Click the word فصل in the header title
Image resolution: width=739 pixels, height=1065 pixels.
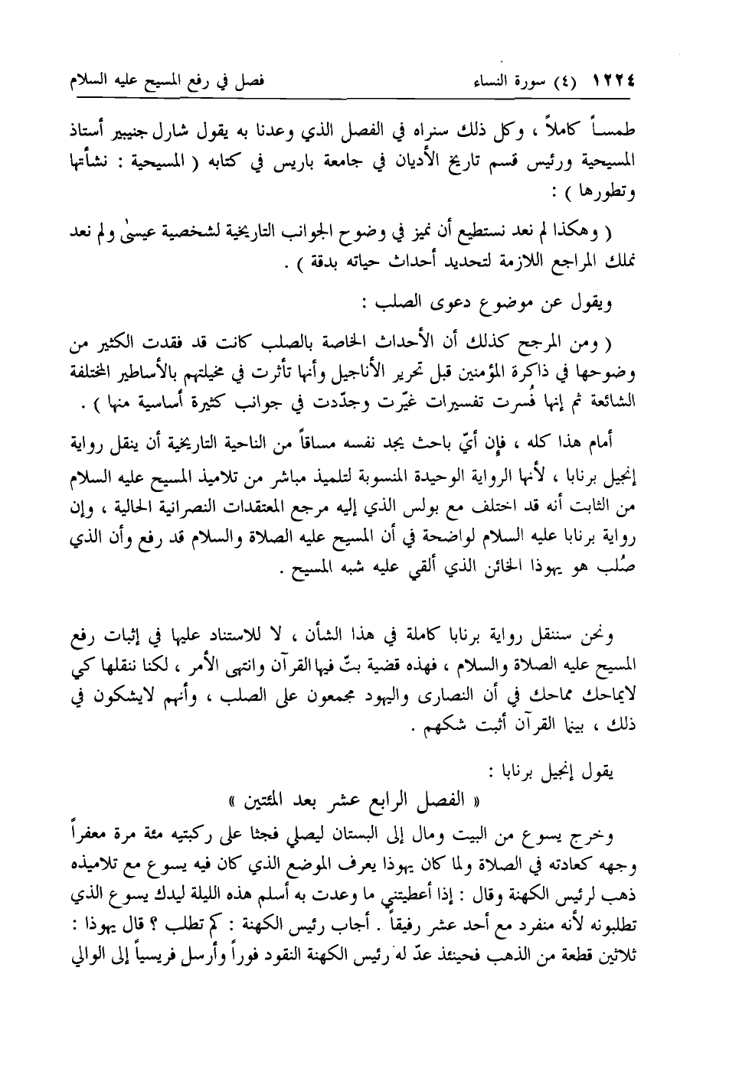point(249,79)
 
